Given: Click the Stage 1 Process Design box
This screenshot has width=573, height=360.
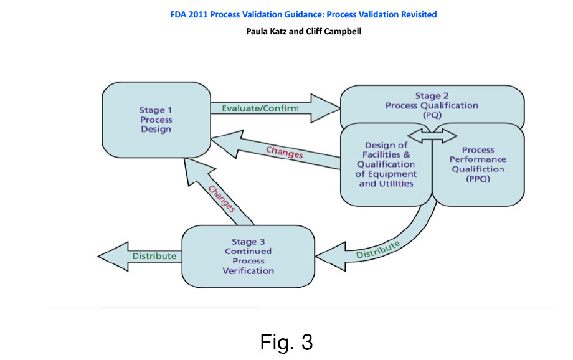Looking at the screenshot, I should point(156,120).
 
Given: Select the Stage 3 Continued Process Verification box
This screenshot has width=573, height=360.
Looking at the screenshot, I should point(247,256).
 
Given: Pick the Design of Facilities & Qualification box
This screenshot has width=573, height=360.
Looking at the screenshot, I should point(386,164).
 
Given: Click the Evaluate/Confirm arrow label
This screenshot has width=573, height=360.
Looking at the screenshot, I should point(260,108).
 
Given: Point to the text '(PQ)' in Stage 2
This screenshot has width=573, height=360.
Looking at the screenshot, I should point(432,115).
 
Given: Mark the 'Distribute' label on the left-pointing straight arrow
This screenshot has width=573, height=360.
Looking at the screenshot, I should point(154,256).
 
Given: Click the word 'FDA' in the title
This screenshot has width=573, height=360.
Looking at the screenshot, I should point(179,14).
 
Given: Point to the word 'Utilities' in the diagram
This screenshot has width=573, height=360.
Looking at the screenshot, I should point(398,184).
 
